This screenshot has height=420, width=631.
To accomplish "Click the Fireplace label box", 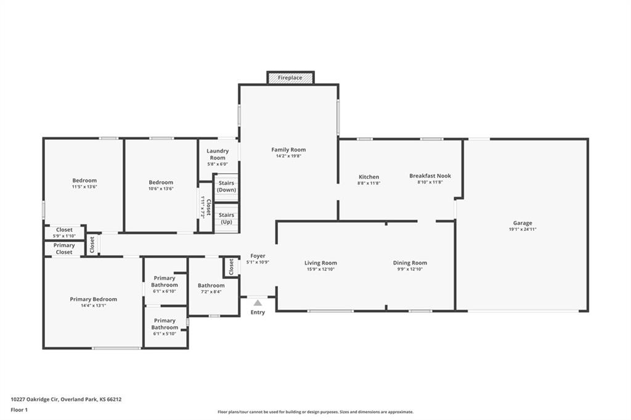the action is pos(290,78).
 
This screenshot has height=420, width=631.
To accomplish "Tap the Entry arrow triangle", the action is pos(258,303).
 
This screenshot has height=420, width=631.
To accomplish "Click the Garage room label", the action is pos(523,223).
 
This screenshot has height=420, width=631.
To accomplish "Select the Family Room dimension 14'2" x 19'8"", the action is pos(288,156).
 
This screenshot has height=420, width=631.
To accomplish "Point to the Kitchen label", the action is pos(368,177).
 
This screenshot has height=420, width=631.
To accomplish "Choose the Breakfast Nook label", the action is pos(430,176).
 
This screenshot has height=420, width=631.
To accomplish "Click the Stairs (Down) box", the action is pos(227,187).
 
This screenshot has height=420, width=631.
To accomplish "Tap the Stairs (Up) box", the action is pos(227,219).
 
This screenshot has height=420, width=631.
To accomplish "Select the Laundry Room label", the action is pos(218,154).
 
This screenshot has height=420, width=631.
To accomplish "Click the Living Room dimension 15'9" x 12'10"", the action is pos(320,270).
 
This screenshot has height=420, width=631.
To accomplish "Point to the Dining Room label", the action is pos(410,263).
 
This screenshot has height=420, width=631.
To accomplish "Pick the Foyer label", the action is pos(258,256).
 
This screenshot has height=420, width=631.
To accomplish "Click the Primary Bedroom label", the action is pos(94,299).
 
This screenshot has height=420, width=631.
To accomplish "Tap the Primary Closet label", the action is pos(64,249).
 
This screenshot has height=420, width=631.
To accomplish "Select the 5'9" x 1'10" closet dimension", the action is pos(64,236).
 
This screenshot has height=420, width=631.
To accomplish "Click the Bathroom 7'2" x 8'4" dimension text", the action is pos(211,292).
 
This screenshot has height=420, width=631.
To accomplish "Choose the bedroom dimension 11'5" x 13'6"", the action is pos(84,187).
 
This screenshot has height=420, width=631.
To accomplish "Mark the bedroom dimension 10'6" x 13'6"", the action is pos(161,188).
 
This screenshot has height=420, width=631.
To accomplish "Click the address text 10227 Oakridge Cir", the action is pos(35,400).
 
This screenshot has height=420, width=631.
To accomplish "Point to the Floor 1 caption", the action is pos(19,410).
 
